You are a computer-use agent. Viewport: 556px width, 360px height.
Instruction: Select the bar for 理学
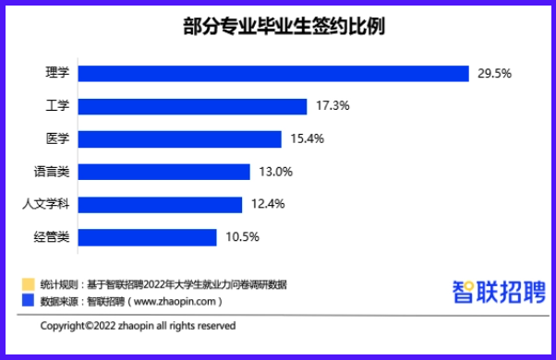274,73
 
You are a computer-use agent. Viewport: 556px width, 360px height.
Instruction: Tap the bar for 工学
192,106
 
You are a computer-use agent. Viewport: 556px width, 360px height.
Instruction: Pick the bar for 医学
179,138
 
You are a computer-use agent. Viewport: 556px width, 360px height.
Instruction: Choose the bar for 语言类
164,172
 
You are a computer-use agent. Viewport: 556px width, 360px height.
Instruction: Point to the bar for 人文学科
160,204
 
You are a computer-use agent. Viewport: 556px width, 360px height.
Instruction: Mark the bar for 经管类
148,236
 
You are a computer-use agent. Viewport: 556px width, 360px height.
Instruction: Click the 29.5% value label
495,73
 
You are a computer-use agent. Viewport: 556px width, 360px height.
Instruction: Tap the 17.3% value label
332,106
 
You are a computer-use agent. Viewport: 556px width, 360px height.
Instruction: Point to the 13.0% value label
276,172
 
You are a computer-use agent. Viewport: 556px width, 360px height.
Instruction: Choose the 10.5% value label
243,236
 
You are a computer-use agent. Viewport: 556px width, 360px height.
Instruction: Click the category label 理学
57,73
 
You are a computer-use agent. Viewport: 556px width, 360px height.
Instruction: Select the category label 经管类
52,236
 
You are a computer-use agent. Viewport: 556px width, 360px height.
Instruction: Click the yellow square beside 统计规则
28,284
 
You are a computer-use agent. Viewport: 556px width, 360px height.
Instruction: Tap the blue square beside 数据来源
28,301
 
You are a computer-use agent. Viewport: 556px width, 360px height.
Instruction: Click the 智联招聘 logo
498,292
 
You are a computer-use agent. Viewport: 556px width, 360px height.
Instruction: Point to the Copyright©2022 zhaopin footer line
138,326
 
